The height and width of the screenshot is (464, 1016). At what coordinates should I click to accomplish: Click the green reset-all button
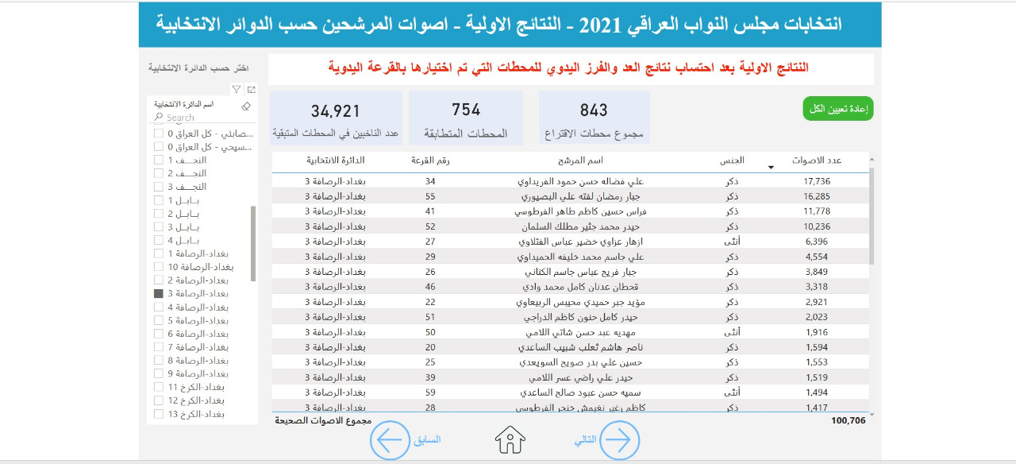tap(838, 109)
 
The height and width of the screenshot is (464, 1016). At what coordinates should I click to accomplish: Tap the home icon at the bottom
tap(510, 439)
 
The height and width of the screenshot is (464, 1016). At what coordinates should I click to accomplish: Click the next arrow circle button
tap(619, 439)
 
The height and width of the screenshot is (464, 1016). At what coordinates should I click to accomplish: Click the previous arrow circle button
tap(391, 439)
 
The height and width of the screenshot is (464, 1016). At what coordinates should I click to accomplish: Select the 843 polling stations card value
tap(594, 110)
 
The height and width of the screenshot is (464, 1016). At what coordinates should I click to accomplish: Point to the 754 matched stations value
tap(466, 110)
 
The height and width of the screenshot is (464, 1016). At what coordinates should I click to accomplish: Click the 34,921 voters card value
tap(336, 111)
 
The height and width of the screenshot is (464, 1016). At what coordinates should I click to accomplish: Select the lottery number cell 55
tap(431, 196)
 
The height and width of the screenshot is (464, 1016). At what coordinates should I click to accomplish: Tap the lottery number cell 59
tap(431, 392)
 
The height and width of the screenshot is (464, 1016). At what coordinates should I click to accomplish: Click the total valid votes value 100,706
tap(849, 420)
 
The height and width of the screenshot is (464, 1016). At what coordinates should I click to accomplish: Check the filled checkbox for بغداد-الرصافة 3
tap(159, 294)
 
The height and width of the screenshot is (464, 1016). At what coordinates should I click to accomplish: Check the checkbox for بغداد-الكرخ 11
tap(159, 387)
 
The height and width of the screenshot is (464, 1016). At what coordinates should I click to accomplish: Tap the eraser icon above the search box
tap(246, 106)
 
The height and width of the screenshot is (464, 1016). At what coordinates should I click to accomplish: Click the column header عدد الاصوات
tap(817, 160)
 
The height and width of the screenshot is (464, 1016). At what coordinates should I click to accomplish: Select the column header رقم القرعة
tap(430, 160)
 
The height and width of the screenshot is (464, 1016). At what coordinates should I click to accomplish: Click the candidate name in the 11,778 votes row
tap(577, 211)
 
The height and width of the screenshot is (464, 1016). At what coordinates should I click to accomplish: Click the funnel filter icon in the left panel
tap(237, 90)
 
